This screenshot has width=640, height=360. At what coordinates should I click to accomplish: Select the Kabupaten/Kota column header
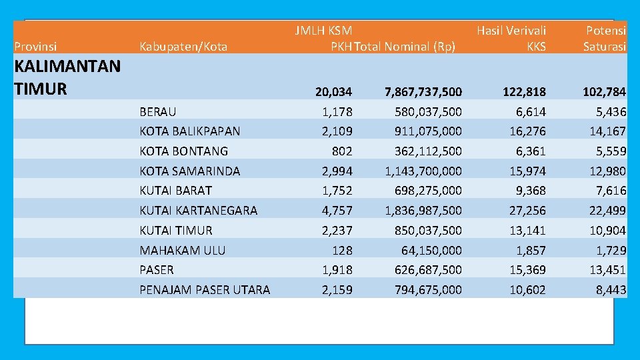click(x=183, y=47)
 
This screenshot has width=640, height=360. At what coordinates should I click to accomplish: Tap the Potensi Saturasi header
click(x=605, y=38)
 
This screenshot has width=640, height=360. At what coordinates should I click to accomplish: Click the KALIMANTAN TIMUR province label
click(x=67, y=77)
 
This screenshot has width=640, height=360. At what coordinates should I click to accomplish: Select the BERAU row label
click(x=158, y=111)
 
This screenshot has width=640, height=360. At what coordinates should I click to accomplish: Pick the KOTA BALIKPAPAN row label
click(x=190, y=131)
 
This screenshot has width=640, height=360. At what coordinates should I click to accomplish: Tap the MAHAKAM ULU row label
click(x=183, y=250)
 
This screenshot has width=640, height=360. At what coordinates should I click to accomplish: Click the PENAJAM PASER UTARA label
click(x=205, y=289)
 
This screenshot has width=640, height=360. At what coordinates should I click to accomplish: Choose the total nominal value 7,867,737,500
click(x=423, y=91)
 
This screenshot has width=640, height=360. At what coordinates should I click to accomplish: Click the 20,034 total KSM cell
click(x=335, y=91)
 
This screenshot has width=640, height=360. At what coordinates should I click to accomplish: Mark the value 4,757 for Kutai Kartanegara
click(x=337, y=211)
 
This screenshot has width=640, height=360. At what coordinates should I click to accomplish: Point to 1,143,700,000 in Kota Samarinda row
click(x=423, y=171)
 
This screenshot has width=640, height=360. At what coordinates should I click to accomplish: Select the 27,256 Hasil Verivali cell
click(x=527, y=211)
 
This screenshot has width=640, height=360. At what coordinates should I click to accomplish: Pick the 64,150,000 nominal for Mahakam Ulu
click(x=431, y=250)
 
